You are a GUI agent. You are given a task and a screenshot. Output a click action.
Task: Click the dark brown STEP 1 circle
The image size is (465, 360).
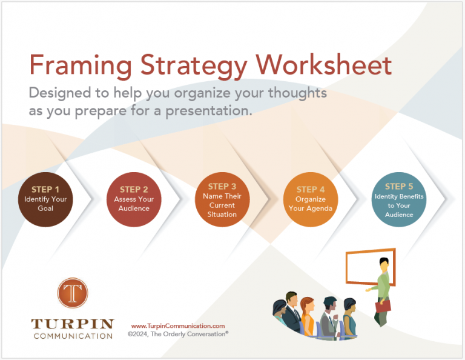click(x=46, y=199)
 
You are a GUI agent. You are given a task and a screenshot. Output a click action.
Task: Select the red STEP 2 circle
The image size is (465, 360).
click(x=134, y=199)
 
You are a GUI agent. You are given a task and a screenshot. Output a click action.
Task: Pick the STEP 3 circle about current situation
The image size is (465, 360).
click(x=222, y=199)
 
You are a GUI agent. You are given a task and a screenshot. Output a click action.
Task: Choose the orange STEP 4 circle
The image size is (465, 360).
click(x=310, y=199)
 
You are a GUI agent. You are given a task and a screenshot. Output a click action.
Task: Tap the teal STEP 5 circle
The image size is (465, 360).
click(x=398, y=199)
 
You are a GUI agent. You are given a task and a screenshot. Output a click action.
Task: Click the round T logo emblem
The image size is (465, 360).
click(x=73, y=293)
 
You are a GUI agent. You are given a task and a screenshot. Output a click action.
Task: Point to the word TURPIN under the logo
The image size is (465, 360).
click(x=73, y=322)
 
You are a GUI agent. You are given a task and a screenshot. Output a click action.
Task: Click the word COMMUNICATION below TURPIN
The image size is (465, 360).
click(x=73, y=336)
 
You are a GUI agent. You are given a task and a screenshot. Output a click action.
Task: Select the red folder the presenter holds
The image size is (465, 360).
click(x=383, y=306)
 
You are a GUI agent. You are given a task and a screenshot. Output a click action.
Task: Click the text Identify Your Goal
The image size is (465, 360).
click(x=46, y=204)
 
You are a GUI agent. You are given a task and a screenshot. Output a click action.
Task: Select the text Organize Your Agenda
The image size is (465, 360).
click(x=310, y=204)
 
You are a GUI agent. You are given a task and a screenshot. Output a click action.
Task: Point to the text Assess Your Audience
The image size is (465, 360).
click(x=134, y=204)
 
